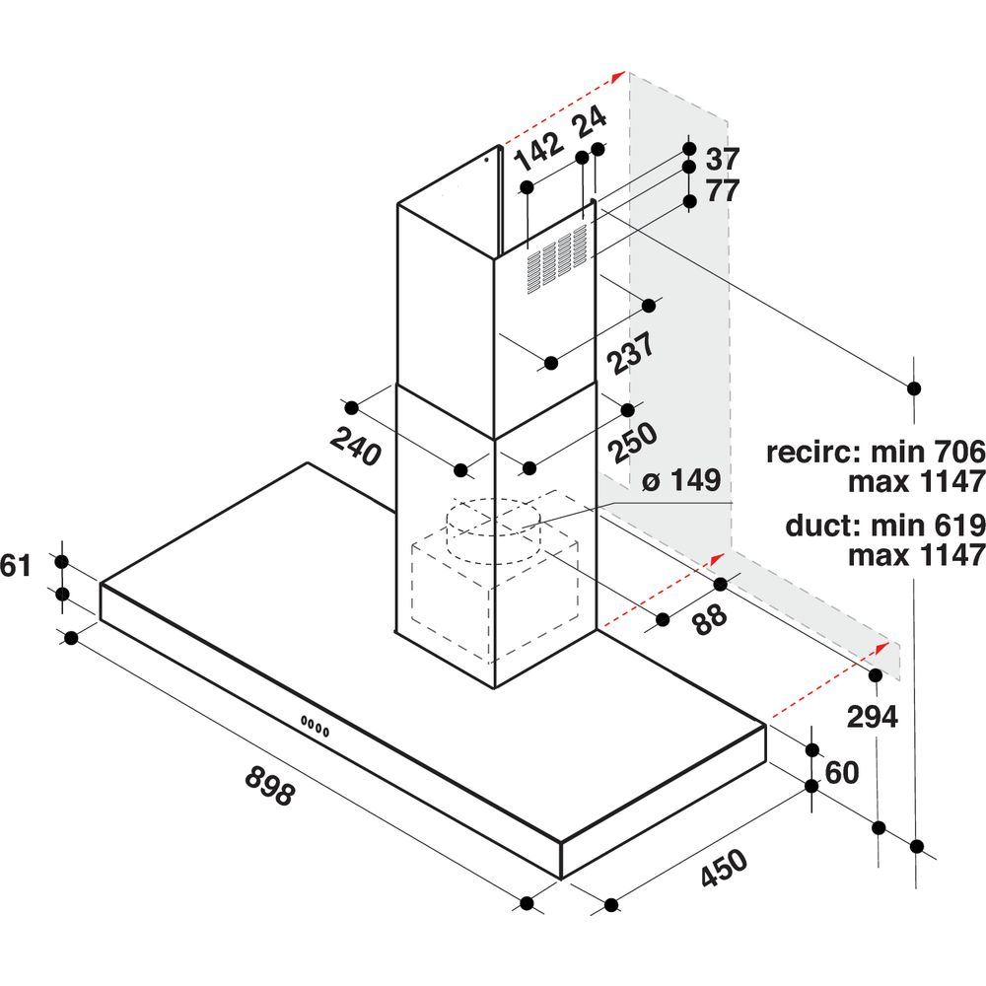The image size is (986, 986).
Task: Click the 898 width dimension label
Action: pos(269,784)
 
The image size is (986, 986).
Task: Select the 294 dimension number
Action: pos(873,717)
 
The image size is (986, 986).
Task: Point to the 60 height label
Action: pos(841,773)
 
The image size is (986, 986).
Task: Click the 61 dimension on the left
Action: pos(17,566)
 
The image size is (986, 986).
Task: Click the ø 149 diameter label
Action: pos(681,481)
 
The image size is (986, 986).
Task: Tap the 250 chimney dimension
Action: pos(632,444)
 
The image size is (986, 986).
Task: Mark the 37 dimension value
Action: pos(723,159)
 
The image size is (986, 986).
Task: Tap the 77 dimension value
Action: pos(723,190)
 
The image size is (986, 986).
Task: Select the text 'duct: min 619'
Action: pos(884,525)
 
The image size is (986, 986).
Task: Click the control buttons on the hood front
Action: pos(316,725)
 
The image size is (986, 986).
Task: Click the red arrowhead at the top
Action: pos(619,76)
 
